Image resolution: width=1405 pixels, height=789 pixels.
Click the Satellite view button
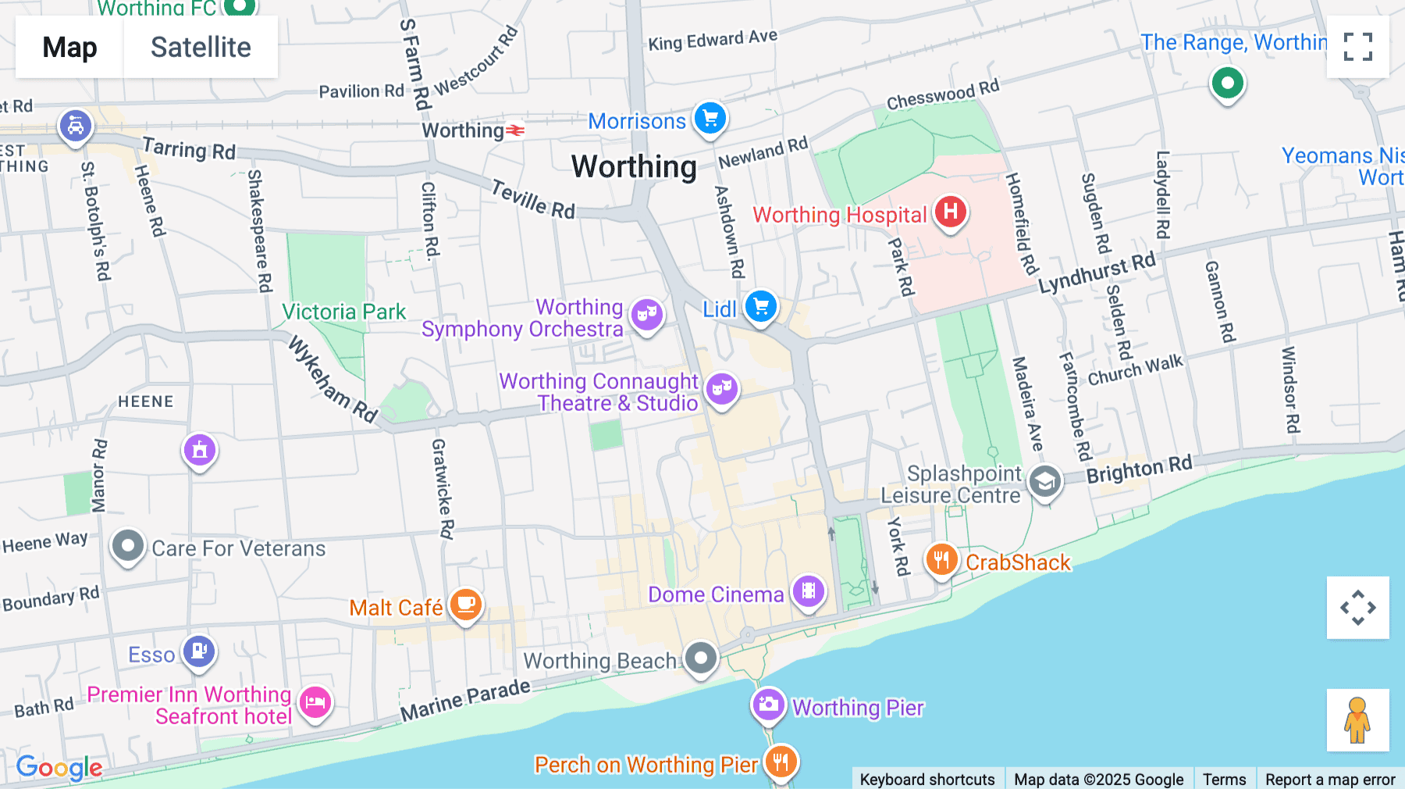coord(201,48)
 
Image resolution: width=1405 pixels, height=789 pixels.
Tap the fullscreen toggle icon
coord(1357,47)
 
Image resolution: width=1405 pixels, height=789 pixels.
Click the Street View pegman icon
coord(1357,720)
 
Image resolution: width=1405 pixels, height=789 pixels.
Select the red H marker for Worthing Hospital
coord(950,212)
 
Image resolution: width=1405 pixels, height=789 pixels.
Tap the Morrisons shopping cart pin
coord(710,119)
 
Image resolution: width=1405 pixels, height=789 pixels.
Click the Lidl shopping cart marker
coord(760,306)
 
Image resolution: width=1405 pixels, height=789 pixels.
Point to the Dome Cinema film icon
coord(809,591)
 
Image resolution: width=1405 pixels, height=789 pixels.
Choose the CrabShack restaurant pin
coord(942,560)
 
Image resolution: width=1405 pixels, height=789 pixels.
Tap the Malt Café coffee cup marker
coord(466,605)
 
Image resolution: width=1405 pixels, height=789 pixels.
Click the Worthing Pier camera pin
coord(768,705)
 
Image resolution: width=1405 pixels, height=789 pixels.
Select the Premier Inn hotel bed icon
coord(315,702)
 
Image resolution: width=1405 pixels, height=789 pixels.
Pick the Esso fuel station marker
coord(199,651)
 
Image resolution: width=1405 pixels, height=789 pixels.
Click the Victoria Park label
coord(343,312)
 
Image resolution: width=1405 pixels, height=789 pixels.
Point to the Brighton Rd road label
coord(1139,469)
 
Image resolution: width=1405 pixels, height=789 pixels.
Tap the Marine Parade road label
coord(465,700)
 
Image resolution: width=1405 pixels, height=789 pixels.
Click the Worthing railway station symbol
coord(515,130)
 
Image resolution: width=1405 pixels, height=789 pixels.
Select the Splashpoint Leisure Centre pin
coord(1044,482)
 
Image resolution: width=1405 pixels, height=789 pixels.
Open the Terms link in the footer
coord(1224,779)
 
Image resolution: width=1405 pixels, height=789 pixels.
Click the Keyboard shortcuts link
coord(927,779)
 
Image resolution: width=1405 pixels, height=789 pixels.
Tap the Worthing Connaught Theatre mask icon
coord(722,387)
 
